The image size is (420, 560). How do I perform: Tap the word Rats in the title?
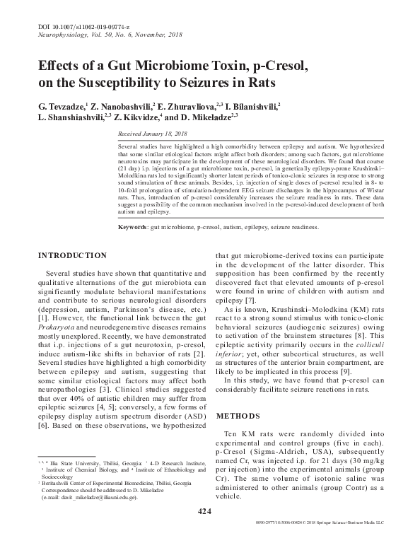coord(257,83)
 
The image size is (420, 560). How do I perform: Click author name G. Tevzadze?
coord(63,106)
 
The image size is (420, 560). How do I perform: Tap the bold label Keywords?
coord(132,228)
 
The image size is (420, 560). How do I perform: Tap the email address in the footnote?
coord(93,496)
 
